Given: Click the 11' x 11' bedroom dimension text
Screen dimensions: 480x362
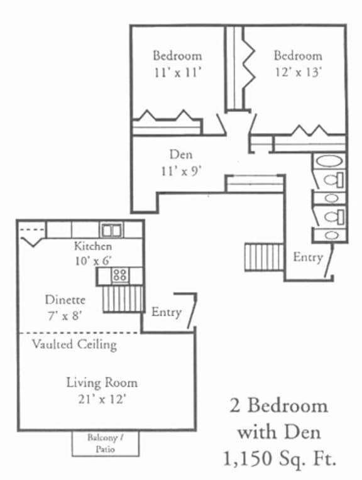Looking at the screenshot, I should click(x=178, y=72).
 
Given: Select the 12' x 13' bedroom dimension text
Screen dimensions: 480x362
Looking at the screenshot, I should click(x=297, y=72).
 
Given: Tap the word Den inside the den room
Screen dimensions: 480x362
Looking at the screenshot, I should click(x=180, y=154).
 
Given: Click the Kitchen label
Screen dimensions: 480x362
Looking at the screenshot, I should click(x=93, y=246).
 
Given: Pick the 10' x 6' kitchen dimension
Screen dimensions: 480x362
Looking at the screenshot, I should click(x=92, y=260).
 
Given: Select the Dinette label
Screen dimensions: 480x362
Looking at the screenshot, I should click(x=65, y=300).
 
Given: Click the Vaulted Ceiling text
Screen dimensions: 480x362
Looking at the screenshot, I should click(x=74, y=344).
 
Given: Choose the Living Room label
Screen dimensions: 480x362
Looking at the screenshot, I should click(x=102, y=382).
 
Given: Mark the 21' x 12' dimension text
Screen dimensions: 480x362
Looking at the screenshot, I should click(x=102, y=398).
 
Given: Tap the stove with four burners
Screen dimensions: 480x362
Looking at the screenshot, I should click(x=120, y=275).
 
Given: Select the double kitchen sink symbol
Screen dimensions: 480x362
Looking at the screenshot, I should click(x=112, y=231).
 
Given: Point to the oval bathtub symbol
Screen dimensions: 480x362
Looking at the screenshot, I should click(x=328, y=161).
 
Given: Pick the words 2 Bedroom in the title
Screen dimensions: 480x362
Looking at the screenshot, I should click(x=278, y=405).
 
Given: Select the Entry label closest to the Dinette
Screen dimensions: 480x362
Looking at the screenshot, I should click(x=166, y=312).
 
